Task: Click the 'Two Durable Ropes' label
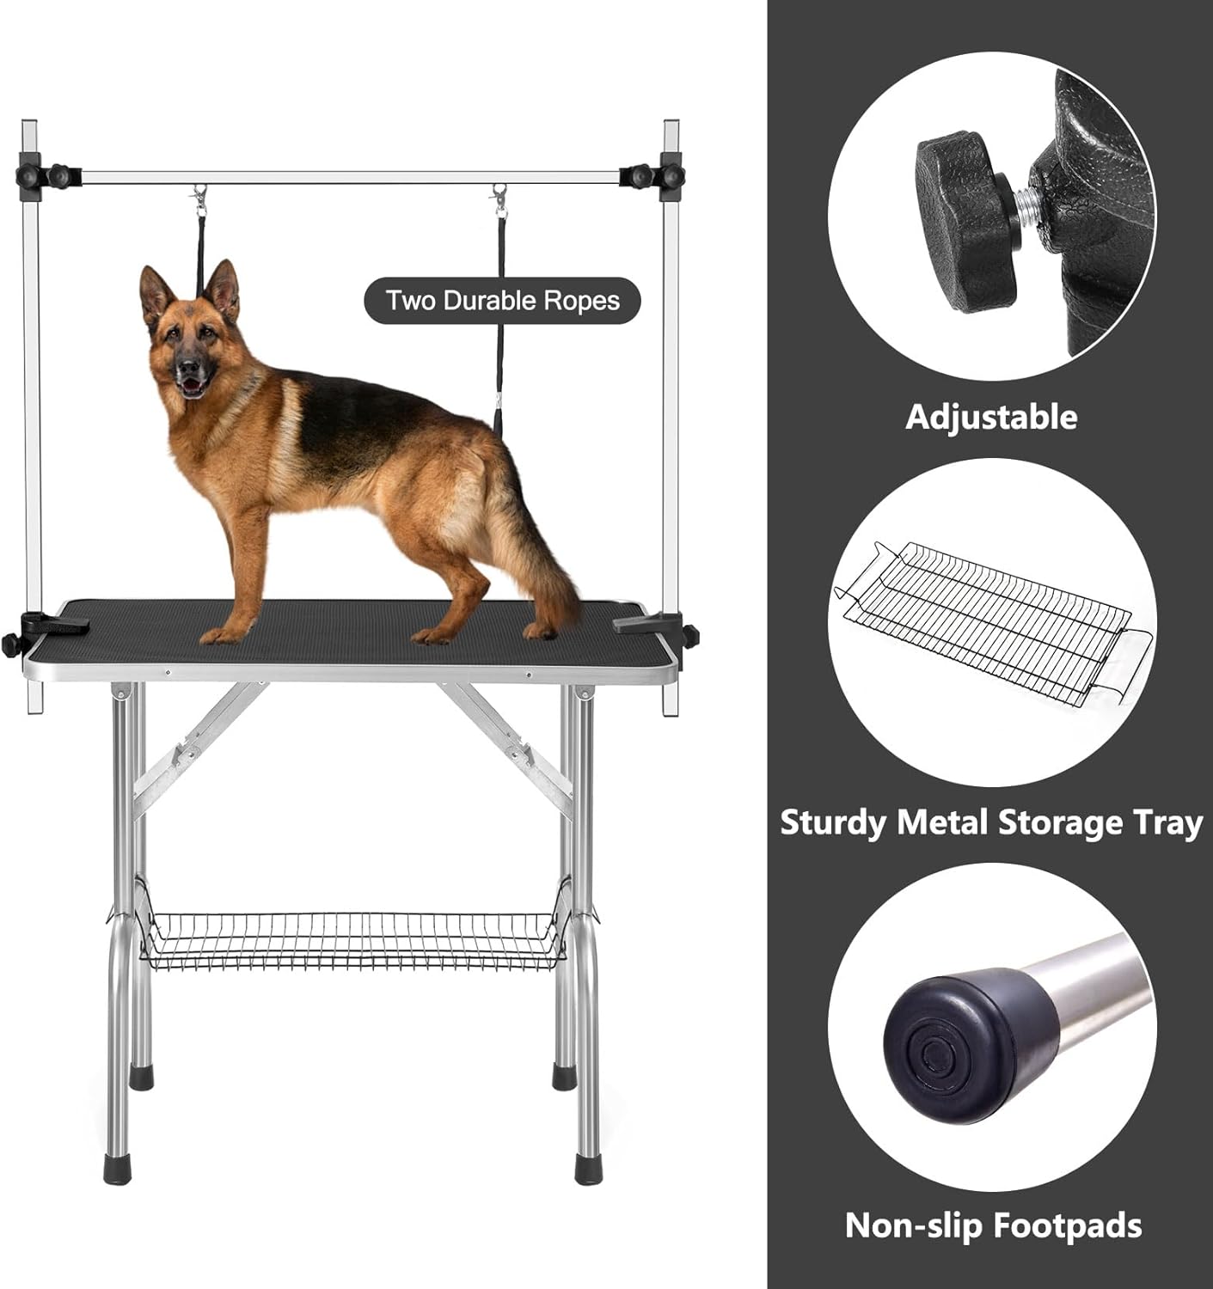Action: click(502, 301)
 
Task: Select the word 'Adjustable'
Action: click(991, 417)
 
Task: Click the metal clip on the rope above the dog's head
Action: click(200, 200)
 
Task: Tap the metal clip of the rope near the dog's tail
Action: click(499, 200)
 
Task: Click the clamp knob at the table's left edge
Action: click(12, 643)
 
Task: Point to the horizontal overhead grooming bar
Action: click(351, 176)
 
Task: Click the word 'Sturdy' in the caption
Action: click(832, 823)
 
